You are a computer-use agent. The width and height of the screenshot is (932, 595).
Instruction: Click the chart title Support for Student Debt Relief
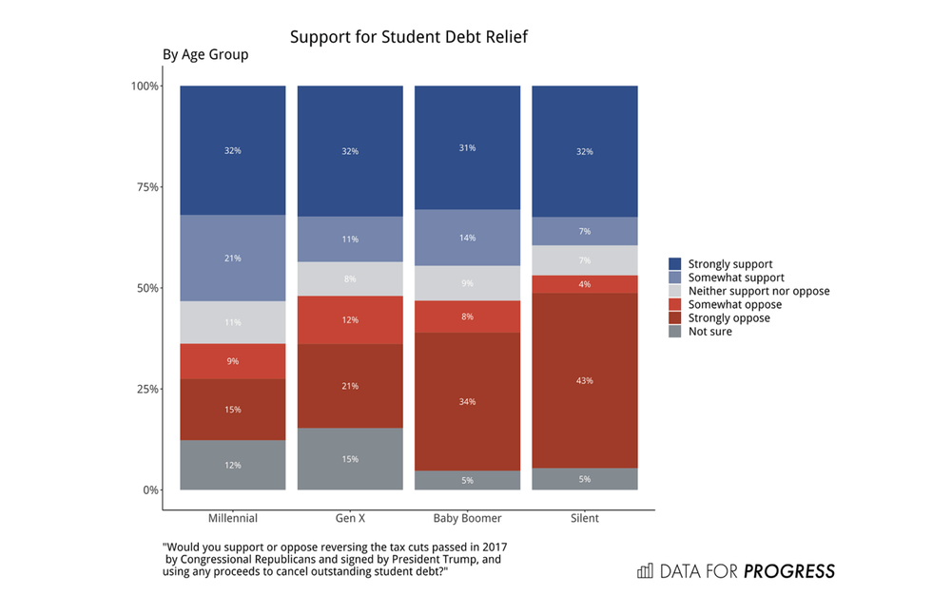[408, 38]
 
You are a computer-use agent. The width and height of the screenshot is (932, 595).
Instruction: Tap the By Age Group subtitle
[205, 55]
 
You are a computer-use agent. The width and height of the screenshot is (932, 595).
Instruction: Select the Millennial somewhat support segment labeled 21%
[233, 258]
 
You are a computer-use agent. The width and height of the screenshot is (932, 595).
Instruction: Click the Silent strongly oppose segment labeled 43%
[584, 380]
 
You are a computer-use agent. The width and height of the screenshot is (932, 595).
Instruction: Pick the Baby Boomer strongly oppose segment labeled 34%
[467, 401]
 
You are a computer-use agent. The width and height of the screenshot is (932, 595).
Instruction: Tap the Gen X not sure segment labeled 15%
[350, 459]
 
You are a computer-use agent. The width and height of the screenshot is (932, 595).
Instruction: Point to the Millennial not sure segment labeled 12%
[233, 465]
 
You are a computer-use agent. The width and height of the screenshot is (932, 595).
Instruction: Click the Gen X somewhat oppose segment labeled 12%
[350, 320]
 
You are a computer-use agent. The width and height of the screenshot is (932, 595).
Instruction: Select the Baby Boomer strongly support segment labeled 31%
[467, 147]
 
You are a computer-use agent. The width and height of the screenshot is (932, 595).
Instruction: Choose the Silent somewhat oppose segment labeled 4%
[584, 284]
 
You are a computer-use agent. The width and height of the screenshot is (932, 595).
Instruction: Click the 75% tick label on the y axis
[145, 187]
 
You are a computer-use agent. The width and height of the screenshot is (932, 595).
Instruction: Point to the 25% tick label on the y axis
[145, 390]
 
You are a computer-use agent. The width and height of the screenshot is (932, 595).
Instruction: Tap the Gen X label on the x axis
[350, 519]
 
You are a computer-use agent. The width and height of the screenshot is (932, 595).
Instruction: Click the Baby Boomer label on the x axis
[467, 519]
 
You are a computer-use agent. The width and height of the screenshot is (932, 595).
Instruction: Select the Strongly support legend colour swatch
[675, 263]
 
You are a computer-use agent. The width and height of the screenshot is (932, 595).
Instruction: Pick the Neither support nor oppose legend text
[759, 291]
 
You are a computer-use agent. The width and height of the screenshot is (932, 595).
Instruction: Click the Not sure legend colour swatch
[675, 332]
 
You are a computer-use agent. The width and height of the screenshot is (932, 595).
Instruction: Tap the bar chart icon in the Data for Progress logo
[646, 571]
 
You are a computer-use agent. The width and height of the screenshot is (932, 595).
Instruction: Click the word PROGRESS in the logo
[789, 571]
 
